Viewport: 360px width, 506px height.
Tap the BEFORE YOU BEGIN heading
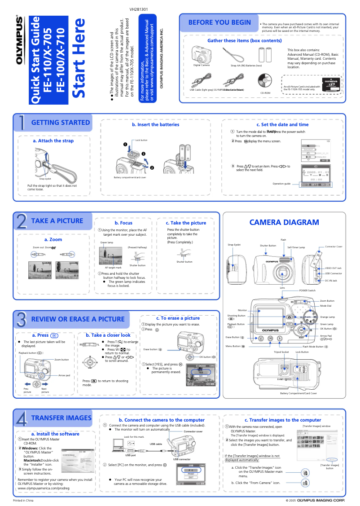[219, 22]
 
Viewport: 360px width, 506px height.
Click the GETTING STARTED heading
[60, 123]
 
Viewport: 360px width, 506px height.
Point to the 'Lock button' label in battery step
[141, 141]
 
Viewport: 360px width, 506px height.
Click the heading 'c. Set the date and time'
[282, 124]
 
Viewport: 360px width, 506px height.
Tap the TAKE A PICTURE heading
[57, 221]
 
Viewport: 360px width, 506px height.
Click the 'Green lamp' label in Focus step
[106, 242]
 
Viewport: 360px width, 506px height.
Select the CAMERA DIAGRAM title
[284, 222]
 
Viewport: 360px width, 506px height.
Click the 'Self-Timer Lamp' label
[296, 247]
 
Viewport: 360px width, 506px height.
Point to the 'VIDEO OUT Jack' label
[333, 268]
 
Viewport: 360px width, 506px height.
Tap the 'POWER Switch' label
[307, 290]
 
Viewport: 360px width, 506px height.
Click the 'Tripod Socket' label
[281, 352]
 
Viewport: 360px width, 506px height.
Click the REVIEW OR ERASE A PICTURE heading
[78, 319]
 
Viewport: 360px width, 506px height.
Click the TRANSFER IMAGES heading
[61, 418]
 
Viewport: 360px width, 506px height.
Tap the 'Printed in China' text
[23, 500]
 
